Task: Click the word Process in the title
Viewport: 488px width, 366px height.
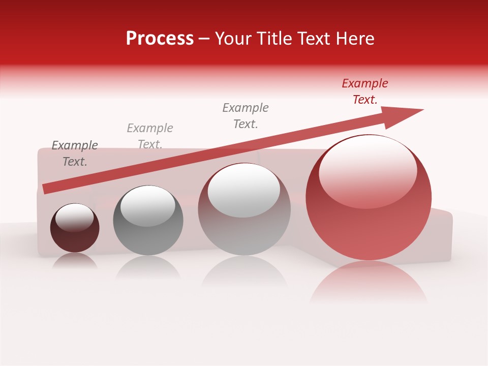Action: click(160, 39)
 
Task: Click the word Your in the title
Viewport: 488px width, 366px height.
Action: click(234, 39)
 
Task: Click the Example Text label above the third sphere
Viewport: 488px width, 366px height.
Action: click(246, 116)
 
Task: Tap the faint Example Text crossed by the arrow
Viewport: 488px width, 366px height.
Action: click(150, 136)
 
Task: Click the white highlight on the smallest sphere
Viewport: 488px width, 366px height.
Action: click(74, 218)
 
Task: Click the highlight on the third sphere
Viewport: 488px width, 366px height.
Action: click(244, 189)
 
